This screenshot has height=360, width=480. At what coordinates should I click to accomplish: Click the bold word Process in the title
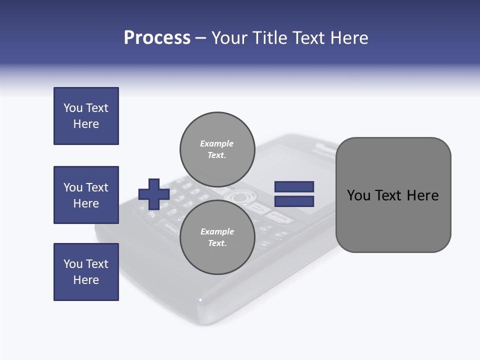(157, 38)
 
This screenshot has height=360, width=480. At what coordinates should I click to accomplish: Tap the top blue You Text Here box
(86, 116)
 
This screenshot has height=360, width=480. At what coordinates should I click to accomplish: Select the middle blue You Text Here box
(86, 195)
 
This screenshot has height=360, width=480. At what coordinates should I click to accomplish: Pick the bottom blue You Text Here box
(86, 272)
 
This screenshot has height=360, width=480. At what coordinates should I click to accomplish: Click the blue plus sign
(154, 194)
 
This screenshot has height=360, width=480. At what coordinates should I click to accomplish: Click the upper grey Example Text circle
(217, 149)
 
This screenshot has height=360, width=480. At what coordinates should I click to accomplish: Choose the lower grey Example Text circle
(217, 237)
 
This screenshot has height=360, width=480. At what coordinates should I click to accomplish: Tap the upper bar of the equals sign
(294, 186)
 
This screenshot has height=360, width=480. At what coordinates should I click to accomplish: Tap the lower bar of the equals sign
(294, 201)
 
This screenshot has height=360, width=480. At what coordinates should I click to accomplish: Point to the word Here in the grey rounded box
(422, 195)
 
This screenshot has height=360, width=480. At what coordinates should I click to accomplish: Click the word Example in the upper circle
(217, 143)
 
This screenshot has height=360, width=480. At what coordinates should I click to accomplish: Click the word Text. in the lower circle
(217, 243)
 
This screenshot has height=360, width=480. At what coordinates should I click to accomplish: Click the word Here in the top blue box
(86, 124)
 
